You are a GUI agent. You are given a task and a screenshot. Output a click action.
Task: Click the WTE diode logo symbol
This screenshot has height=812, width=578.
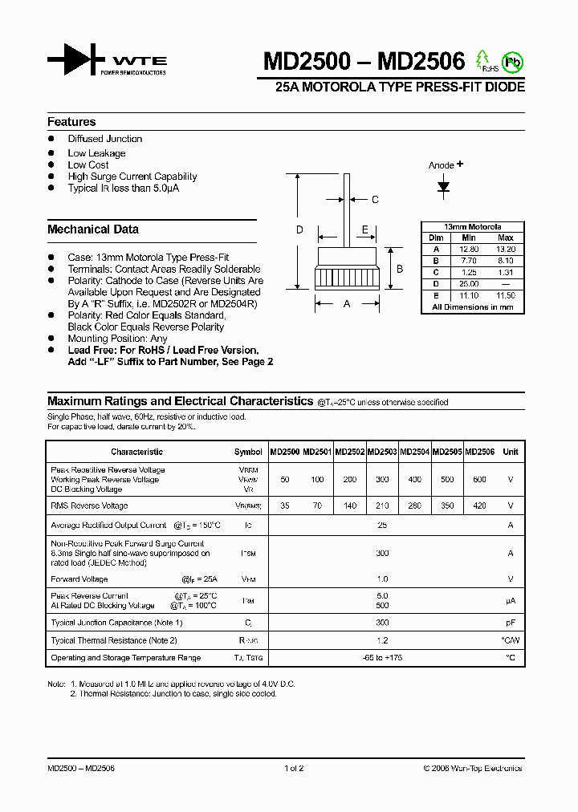(76, 60)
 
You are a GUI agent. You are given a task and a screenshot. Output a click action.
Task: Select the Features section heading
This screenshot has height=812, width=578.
(71, 122)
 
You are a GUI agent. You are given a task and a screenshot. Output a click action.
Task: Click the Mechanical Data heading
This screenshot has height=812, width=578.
(92, 229)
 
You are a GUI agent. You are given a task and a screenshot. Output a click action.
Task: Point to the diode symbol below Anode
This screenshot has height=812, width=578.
(443, 186)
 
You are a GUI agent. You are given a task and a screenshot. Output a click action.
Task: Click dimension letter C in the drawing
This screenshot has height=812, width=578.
(374, 200)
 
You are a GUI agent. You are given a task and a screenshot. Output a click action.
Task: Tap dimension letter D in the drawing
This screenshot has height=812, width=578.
(299, 230)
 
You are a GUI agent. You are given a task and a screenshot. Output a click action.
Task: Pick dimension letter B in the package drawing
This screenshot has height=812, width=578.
(400, 269)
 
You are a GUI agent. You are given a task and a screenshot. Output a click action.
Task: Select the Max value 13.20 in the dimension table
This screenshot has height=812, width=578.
(505, 250)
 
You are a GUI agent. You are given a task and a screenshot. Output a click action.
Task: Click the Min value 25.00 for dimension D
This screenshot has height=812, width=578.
(469, 284)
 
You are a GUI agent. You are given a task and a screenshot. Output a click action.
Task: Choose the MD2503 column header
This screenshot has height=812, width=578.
(382, 452)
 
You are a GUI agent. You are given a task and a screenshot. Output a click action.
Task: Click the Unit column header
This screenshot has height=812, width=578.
(510, 452)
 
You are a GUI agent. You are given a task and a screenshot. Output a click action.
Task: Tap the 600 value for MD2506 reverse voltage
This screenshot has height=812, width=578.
(479, 479)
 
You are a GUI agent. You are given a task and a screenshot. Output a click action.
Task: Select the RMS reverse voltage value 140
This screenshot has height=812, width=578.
(350, 506)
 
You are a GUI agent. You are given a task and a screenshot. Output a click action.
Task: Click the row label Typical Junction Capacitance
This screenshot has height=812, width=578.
(116, 623)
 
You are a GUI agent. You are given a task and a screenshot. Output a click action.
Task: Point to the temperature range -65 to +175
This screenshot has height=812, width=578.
(382, 658)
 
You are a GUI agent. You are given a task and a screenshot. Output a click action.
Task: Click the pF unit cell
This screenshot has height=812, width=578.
(510, 623)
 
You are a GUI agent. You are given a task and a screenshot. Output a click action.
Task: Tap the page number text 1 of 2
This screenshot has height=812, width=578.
(294, 768)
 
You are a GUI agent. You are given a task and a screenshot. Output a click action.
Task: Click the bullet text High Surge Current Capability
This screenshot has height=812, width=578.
(132, 177)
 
